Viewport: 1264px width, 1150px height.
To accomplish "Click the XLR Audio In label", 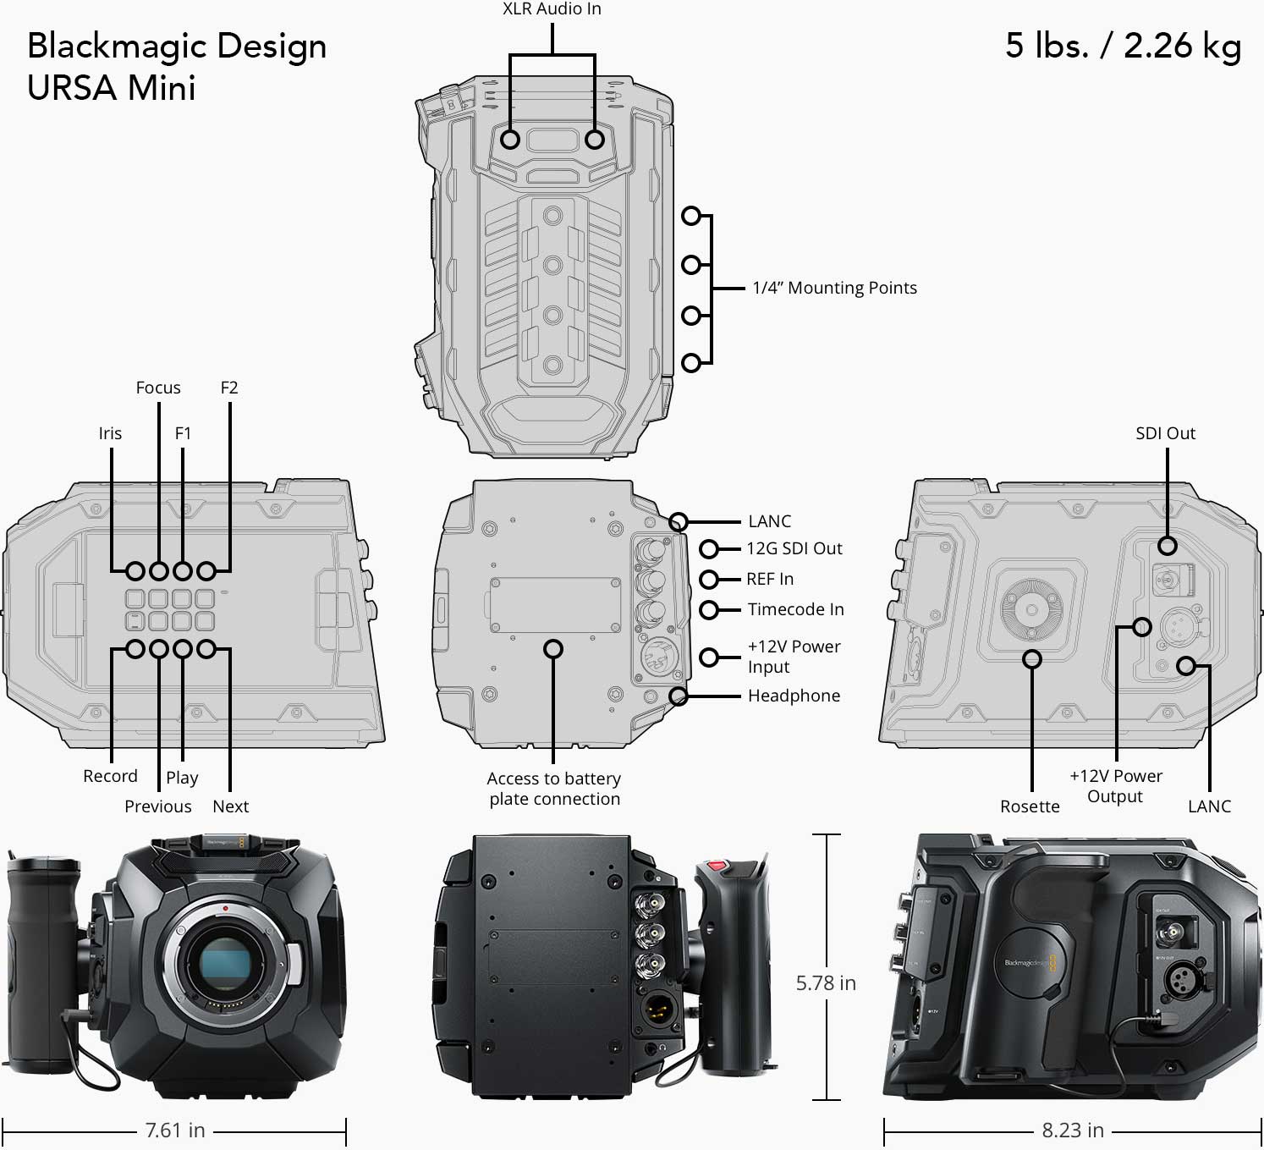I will coord(552,9).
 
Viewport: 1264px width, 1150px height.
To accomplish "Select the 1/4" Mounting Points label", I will coord(834,289).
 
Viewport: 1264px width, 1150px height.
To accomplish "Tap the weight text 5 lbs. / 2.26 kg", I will coord(1123,47).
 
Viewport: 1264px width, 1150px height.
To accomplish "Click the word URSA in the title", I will coord(72,88).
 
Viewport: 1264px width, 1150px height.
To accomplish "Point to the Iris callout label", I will coord(110,433).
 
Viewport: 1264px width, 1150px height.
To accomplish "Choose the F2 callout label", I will coord(229,388).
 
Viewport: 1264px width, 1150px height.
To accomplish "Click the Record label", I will coord(110,776).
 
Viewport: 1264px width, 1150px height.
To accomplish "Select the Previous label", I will coord(158,806).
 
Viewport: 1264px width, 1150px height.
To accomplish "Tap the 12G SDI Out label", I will coord(794,548).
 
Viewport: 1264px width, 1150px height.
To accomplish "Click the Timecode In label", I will coord(795,609).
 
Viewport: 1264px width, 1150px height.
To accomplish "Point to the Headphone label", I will coord(794,696).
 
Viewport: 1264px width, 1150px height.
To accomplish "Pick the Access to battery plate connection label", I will coord(554,789).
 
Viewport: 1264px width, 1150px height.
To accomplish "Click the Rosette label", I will coord(1030,806).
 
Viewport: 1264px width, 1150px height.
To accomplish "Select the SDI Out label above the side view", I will coord(1165,433).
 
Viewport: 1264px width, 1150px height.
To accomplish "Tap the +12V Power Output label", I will coord(1116,786).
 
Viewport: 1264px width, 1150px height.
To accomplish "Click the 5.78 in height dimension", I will coord(826,983).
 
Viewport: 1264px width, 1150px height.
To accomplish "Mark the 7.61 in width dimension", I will coord(175,1131).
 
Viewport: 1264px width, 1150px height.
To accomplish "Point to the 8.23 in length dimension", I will coord(1073,1131).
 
